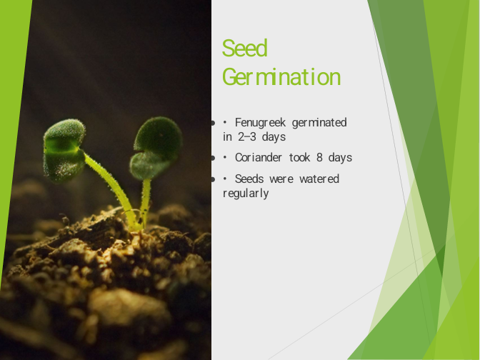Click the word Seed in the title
[x=244, y=48]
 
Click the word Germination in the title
[x=281, y=77]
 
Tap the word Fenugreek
[x=260, y=122]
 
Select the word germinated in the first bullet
[x=319, y=123]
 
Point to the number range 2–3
[x=246, y=136]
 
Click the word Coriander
[x=259, y=157]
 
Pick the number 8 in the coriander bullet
[x=319, y=157]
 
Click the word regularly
[x=246, y=194]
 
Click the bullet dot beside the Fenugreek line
[x=213, y=124]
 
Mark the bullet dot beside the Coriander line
[x=213, y=158]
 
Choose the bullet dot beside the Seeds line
[x=213, y=179]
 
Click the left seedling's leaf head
[x=64, y=151]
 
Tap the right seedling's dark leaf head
[x=156, y=147]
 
